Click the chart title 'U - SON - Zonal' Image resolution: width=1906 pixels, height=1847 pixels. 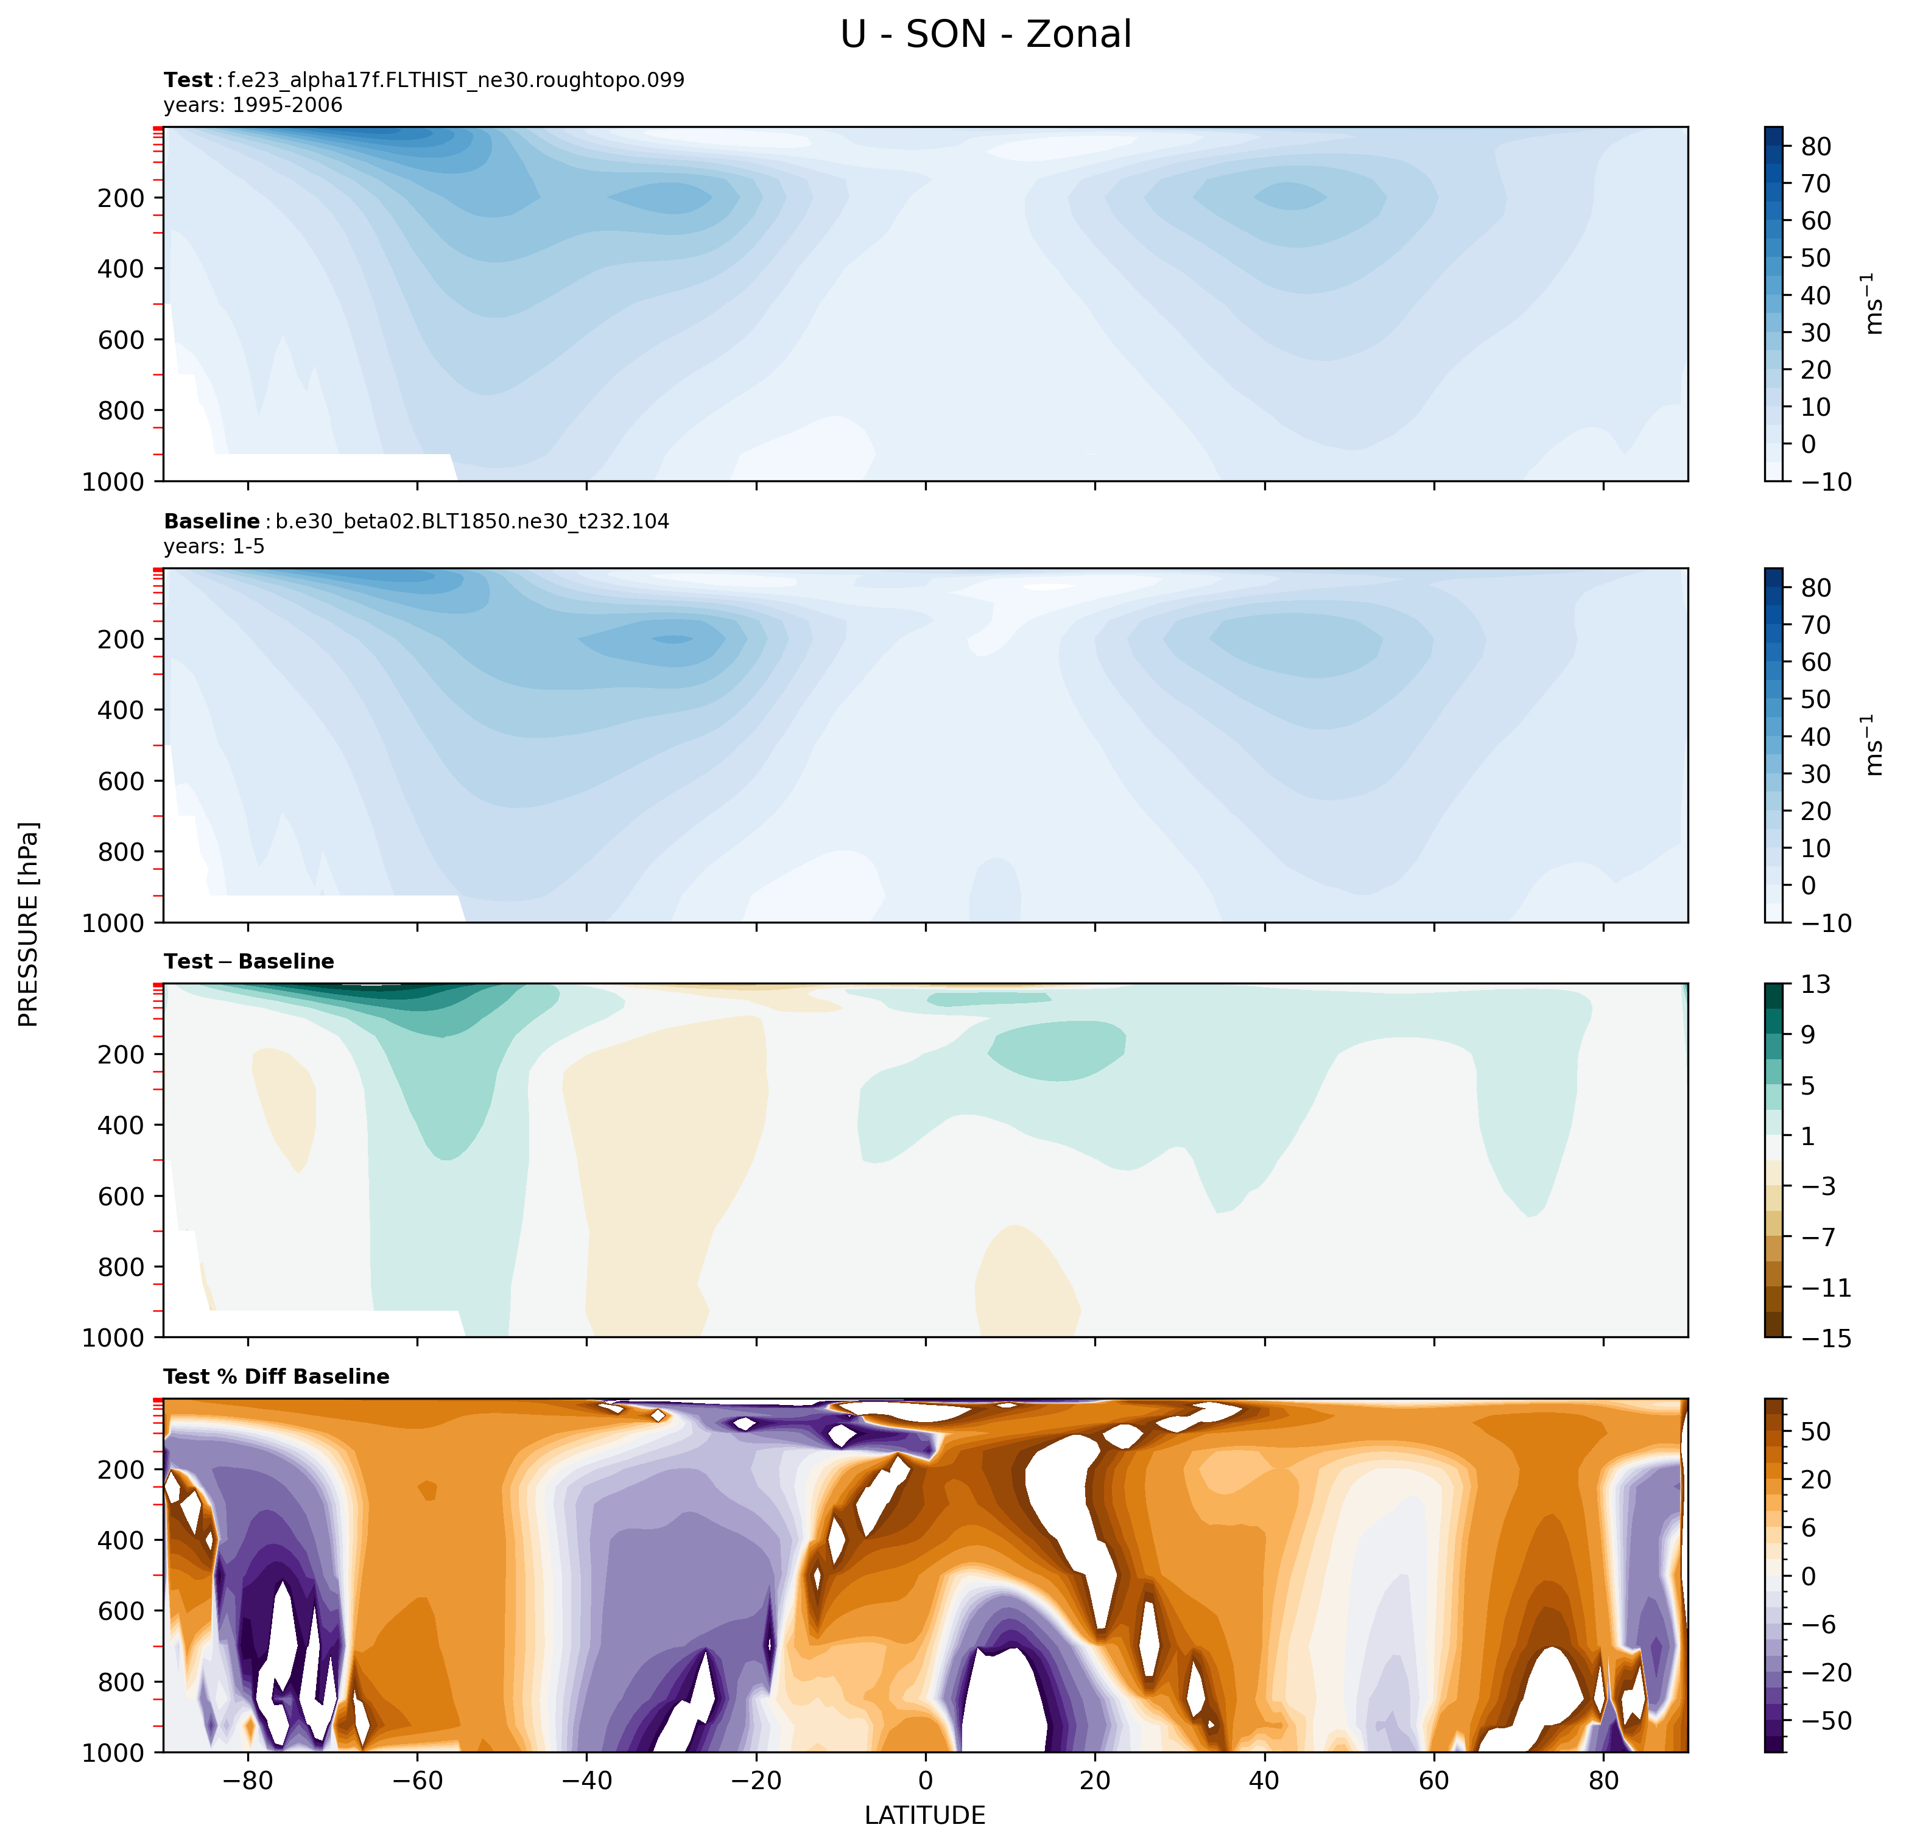(985, 35)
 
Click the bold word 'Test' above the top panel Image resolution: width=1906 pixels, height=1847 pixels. (188, 80)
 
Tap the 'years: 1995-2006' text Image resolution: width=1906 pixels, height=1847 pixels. (253, 105)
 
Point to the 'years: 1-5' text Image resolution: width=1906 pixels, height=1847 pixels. (214, 546)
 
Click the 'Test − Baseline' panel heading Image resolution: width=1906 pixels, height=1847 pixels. (249, 961)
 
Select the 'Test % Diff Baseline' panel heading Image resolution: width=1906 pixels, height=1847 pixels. (276, 1376)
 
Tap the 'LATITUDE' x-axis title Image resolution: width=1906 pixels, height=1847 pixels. (925, 1816)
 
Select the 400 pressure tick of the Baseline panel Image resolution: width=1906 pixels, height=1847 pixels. (122, 710)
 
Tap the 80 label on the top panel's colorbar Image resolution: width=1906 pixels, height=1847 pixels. (1815, 147)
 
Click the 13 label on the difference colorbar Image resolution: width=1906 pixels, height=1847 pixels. (1815, 985)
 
